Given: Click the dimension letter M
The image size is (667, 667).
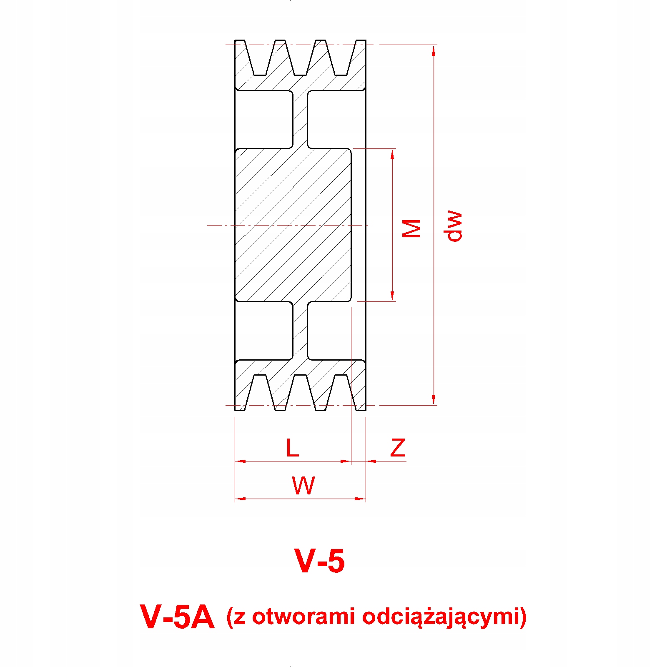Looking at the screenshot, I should point(411,228).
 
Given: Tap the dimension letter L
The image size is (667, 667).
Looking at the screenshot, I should point(292,448).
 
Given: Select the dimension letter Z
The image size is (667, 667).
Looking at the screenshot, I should point(398,448).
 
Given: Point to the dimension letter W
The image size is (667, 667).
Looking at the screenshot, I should point(303,486).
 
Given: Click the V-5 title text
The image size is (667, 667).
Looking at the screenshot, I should point(320,561).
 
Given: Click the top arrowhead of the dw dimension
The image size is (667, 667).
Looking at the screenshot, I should point(434,50).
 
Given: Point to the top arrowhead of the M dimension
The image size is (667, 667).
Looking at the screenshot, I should point(392,154).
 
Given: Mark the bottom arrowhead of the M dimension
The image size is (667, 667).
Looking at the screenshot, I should point(392,296).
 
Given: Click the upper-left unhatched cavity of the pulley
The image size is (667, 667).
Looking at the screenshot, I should point(263,119).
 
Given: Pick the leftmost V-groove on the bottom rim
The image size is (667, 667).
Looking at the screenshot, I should point(260,392).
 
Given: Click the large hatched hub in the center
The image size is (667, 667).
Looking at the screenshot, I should point(293,225).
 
